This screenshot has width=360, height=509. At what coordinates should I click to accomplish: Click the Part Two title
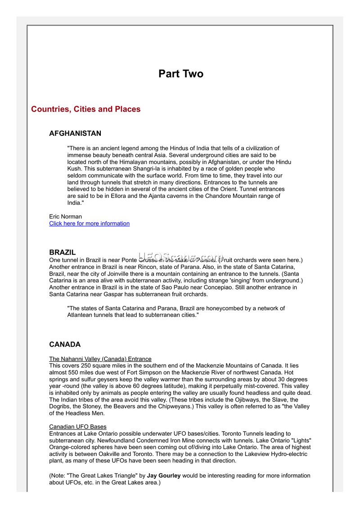[x=180, y=74]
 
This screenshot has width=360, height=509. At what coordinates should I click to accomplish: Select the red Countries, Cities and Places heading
[x=85, y=109]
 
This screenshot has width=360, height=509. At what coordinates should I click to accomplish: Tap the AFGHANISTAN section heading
[x=75, y=134]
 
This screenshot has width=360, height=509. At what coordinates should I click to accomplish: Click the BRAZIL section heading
[x=63, y=252]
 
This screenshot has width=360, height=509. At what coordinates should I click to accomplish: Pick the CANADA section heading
[x=65, y=344]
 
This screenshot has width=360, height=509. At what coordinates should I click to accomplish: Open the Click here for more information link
[x=89, y=223]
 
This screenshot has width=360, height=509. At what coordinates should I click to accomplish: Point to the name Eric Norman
[x=65, y=216]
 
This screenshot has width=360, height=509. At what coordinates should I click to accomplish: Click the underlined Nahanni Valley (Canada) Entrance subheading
[x=100, y=359]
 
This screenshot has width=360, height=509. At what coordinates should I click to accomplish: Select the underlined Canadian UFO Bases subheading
[x=77, y=426]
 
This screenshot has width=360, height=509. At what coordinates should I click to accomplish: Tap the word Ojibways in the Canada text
[x=238, y=400]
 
